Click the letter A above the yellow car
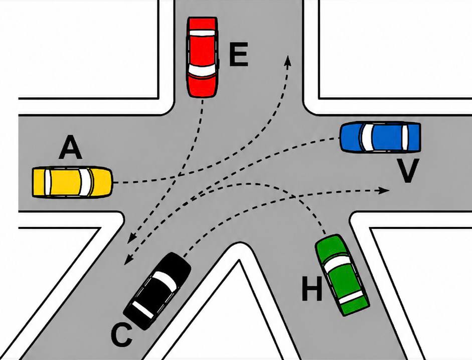click(x=70, y=147)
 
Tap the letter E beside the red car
click(x=238, y=55)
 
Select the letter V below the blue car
click(x=407, y=171)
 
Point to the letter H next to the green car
click(x=312, y=289)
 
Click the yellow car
click(x=72, y=182)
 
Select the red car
click(x=202, y=57)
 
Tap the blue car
click(x=380, y=137)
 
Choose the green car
click(x=342, y=275)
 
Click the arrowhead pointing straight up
click(x=288, y=60)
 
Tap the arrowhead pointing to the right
click(x=384, y=190)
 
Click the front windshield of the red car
click(x=202, y=70)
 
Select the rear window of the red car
click(x=202, y=33)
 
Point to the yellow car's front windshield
click(x=85, y=182)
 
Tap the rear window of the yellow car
click(x=48, y=182)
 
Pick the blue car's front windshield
click(x=367, y=137)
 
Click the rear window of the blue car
click(x=405, y=137)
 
